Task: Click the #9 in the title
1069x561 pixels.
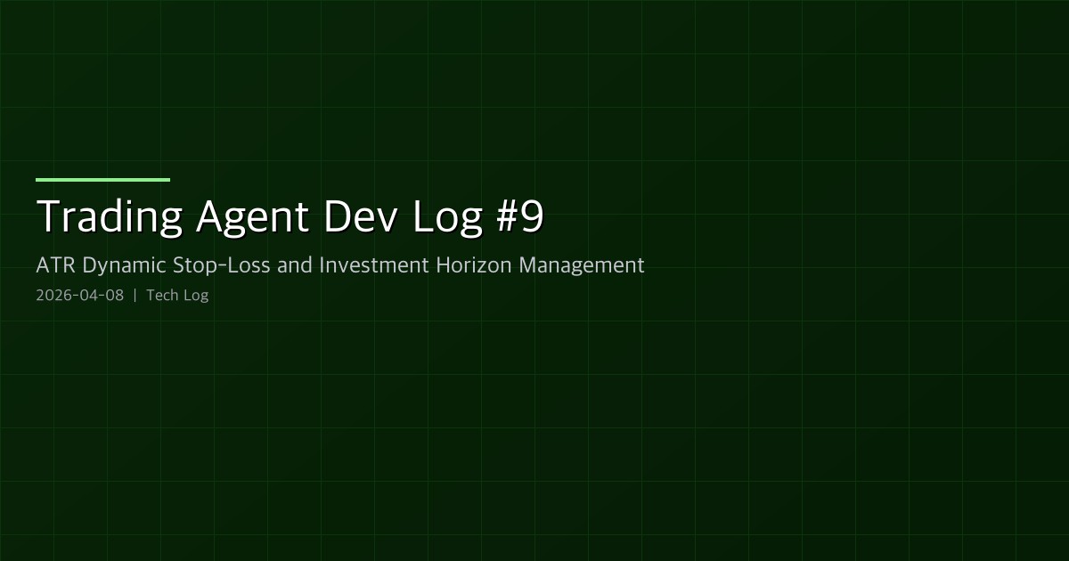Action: tap(518, 216)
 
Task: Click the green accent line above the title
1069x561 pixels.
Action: tap(102, 180)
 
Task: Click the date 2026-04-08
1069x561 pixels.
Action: tap(79, 296)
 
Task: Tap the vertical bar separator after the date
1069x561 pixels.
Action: tap(135, 296)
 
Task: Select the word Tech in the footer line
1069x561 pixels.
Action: tap(162, 296)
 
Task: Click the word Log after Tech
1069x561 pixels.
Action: tap(196, 296)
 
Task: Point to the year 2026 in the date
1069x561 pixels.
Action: tap(52, 296)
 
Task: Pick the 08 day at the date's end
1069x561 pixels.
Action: tap(114, 296)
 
